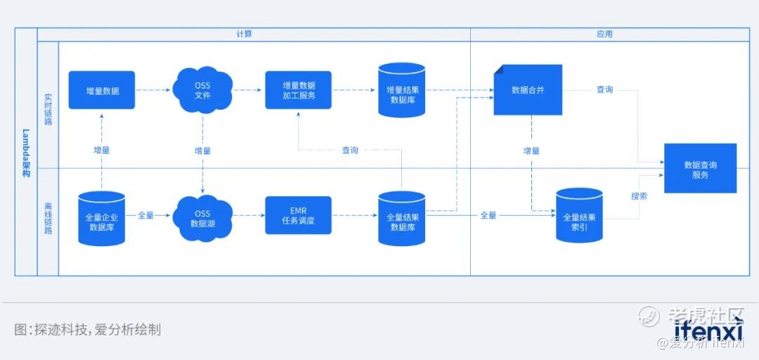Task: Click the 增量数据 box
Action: coord(102,90)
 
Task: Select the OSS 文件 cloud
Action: coord(202,90)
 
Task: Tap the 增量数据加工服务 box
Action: coord(298,90)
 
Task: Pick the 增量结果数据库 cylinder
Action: coord(401,90)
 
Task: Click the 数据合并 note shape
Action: coord(528,90)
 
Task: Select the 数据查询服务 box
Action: coord(700,169)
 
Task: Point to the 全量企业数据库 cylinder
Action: coord(102,218)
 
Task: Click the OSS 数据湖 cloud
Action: coord(202,218)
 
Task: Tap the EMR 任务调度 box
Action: coord(298,216)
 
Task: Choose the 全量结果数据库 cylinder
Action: coord(401,218)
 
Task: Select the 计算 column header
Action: coord(244,34)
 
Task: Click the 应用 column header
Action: coord(604,34)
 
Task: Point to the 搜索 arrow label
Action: coord(639,196)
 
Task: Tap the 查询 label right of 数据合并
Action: coord(604,89)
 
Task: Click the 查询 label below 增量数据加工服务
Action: coord(350,150)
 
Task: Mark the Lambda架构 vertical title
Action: coord(25,152)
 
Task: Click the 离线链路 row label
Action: coord(48,218)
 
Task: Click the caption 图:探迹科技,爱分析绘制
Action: coord(88,329)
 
